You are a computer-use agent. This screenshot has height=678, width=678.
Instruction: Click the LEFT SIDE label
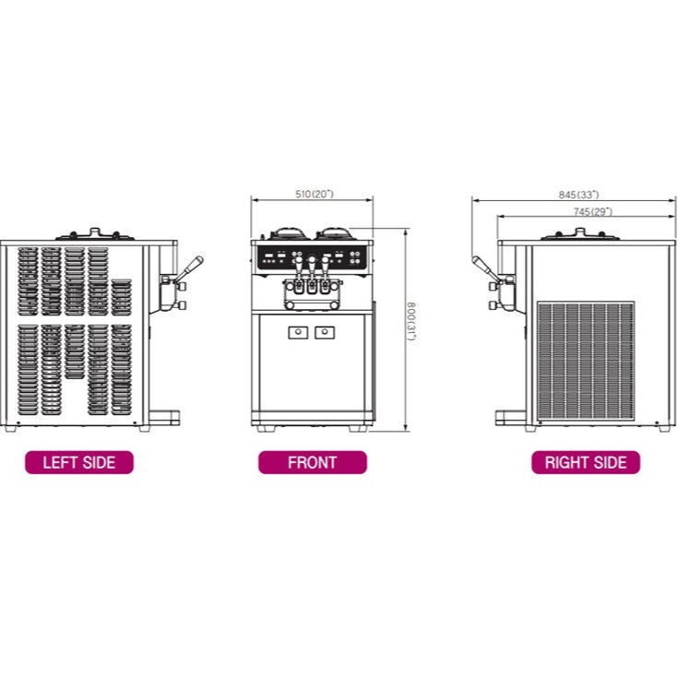click(79, 462)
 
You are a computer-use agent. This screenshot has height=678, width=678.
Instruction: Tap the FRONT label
click(312, 462)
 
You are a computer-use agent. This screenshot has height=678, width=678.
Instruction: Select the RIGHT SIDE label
click(586, 462)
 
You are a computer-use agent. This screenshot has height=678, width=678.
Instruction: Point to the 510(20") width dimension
click(314, 194)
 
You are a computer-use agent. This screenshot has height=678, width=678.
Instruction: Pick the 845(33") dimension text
click(578, 195)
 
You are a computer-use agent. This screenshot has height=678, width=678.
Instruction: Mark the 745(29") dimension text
click(591, 211)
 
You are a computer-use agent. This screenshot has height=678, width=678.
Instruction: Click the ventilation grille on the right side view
click(586, 360)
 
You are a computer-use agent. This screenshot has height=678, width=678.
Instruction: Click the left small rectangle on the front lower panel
click(297, 332)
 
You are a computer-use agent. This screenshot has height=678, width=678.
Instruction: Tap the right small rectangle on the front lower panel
click(325, 332)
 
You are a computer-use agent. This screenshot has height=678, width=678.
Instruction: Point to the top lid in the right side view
click(579, 234)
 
